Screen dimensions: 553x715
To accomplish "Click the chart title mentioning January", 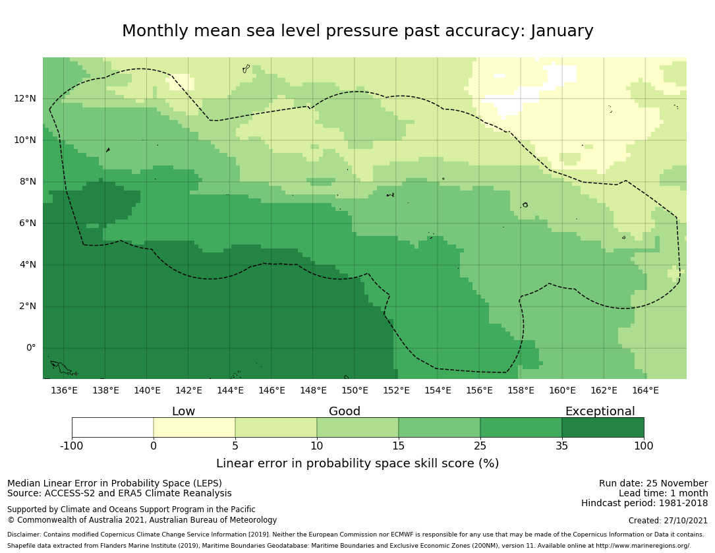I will (357, 32).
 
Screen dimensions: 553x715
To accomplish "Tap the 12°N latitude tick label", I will (26, 99).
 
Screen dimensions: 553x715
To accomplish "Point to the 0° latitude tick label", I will (31, 348).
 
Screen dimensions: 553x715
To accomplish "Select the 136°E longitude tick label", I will (64, 390).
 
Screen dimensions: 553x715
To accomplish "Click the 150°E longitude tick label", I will (355, 390).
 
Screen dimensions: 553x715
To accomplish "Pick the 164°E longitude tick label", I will (645, 390).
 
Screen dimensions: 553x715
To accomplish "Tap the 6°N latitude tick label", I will (28, 223).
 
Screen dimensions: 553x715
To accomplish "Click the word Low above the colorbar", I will (183, 411).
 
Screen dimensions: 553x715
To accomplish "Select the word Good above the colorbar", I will (345, 411).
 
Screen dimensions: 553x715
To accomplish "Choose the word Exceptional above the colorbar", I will (600, 411).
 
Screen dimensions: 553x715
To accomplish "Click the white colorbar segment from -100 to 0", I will (113, 427).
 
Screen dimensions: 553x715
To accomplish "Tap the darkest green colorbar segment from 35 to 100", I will (603, 427).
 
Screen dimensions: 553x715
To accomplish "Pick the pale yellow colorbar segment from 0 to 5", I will (194, 427).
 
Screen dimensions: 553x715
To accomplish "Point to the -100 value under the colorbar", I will (72, 446).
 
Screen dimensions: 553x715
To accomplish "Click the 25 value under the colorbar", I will (480, 446).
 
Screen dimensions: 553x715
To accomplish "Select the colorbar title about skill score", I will (357, 463).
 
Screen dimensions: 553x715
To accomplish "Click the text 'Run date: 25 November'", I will (653, 483).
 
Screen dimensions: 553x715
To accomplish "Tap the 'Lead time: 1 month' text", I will (663, 493).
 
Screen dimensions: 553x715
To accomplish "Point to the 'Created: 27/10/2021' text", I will (668, 521).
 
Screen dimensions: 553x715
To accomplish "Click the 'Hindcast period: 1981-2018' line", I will (644, 503).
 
